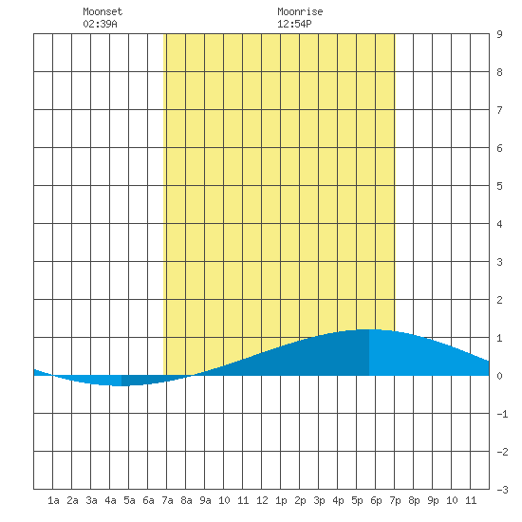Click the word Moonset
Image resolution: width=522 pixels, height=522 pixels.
pyautogui.click(x=103, y=11)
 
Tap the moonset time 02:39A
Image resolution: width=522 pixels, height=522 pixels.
pyautogui.click(x=100, y=24)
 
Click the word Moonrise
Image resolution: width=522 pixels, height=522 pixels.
pyautogui.click(x=300, y=11)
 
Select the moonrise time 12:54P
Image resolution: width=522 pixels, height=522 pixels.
pyautogui.click(x=294, y=24)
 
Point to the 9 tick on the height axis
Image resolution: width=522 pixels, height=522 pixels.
pyautogui.click(x=499, y=34)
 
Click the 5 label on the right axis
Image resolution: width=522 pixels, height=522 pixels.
pyautogui.click(x=499, y=186)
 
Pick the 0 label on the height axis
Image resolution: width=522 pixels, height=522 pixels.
pyautogui.click(x=499, y=376)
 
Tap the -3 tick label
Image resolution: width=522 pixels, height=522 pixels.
pyautogui.click(x=502, y=490)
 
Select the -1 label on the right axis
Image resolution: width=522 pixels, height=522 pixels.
pyautogui.click(x=502, y=414)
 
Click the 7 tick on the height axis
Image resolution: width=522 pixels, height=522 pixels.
pyautogui.click(x=499, y=110)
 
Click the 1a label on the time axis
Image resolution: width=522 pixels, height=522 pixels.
pyautogui.click(x=53, y=500)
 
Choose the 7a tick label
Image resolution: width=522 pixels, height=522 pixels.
pyautogui.click(x=167, y=500)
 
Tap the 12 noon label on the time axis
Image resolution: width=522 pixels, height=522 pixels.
pyautogui.click(x=262, y=500)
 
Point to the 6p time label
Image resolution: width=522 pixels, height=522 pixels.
pyautogui.click(x=376, y=500)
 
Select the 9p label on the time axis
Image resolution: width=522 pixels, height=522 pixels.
pyautogui.click(x=433, y=500)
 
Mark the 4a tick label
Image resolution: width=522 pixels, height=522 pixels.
pyautogui.click(x=110, y=500)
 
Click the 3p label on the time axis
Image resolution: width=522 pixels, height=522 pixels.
pyautogui.click(x=319, y=500)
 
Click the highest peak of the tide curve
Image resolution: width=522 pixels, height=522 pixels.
pyautogui.click(x=368, y=329)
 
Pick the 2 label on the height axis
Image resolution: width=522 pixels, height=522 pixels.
pyautogui.click(x=499, y=300)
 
